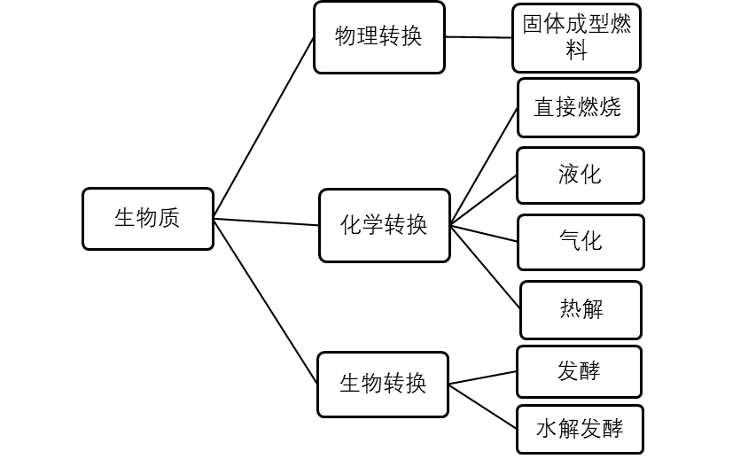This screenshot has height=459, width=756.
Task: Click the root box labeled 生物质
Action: click(148, 219)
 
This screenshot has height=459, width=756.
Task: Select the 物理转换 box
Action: click(379, 37)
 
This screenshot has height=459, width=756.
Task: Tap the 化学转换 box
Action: click(385, 226)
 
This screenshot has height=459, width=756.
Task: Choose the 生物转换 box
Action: click(383, 385)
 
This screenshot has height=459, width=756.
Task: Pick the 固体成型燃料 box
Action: click(577, 38)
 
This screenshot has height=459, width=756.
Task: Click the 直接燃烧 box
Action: click(578, 108)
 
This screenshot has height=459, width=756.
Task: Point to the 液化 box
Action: click(580, 175)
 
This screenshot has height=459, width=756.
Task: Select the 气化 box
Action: click(581, 242)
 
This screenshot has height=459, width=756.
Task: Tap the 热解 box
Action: click(581, 310)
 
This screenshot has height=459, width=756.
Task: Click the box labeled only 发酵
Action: click(579, 372)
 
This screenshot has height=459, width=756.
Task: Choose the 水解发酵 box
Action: click(580, 430)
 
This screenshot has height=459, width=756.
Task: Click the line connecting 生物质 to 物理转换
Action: click(264, 128)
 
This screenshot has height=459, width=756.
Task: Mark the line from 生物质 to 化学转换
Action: click(266, 222)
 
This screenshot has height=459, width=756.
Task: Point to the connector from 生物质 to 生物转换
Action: click(266, 302)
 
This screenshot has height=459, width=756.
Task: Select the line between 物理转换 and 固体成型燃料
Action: click(479, 37)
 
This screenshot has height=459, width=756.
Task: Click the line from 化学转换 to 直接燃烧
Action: click(484, 167)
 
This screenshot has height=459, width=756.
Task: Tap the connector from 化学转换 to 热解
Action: click(486, 267)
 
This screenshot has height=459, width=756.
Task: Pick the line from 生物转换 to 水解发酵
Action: click(483, 407)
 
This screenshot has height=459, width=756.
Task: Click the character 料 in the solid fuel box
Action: click(577, 51)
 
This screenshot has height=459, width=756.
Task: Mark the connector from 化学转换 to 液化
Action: click(484, 200)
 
